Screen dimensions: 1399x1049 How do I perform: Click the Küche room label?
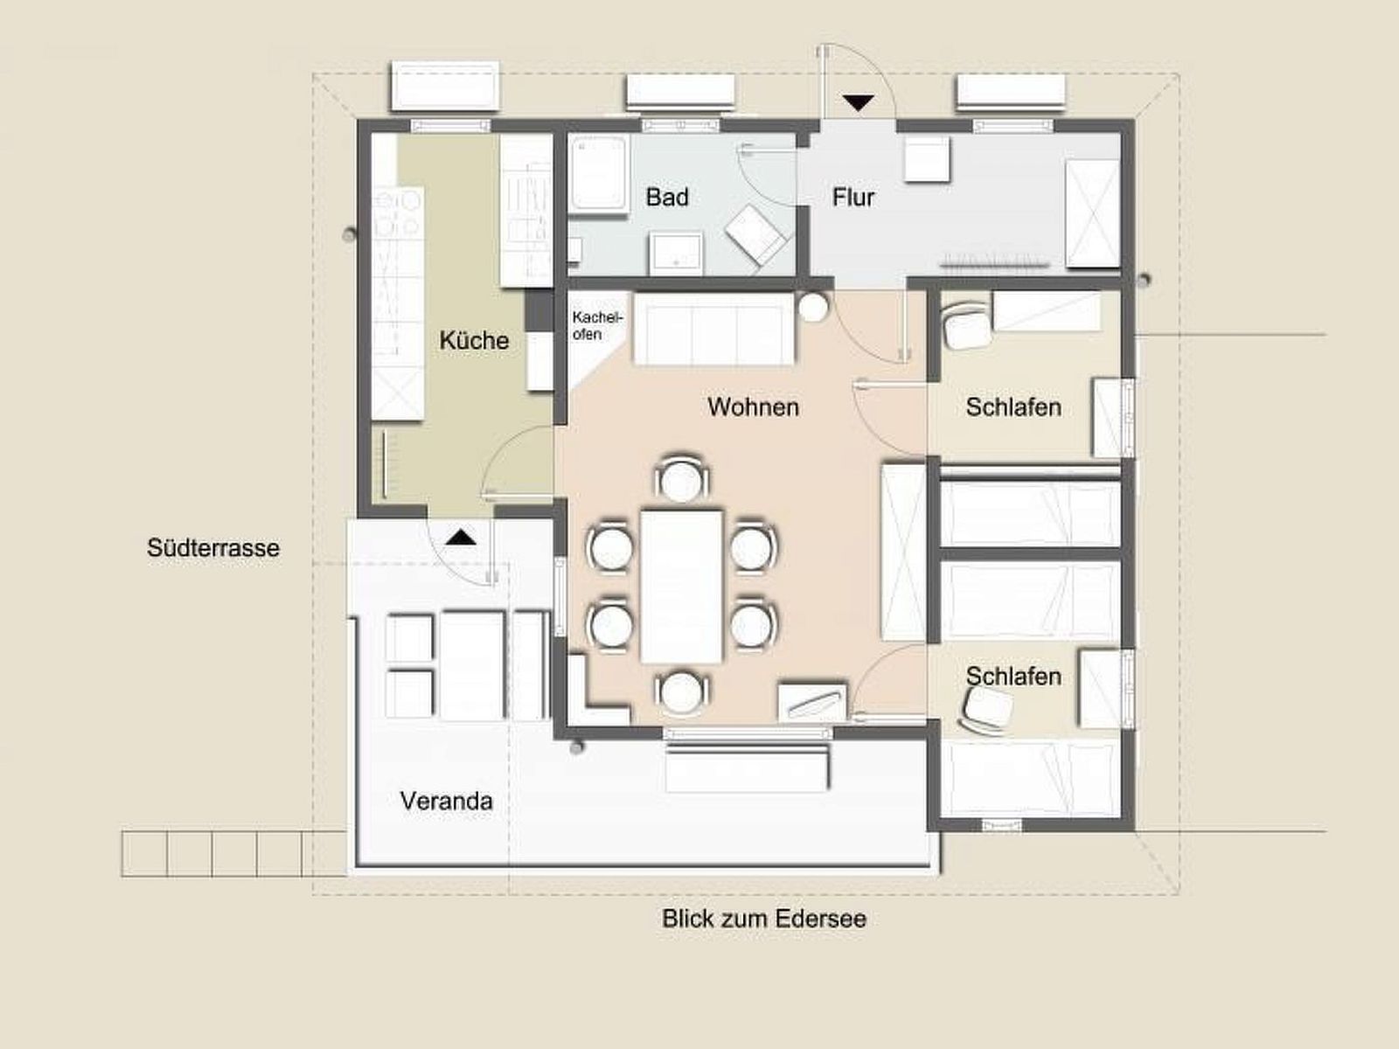coord(474,341)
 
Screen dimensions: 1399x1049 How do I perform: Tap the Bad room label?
coord(667,197)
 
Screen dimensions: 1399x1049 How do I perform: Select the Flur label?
coord(853,198)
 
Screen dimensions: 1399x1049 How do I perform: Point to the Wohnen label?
coord(754,407)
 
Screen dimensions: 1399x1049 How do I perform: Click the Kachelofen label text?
coord(596,325)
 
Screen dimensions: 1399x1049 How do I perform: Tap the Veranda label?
coord(446,802)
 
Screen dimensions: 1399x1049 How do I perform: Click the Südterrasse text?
coord(212,548)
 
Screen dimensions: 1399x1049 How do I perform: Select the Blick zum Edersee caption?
coord(764,919)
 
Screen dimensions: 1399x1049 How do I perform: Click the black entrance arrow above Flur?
coord(859,102)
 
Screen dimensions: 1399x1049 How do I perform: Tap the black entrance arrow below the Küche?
coord(461,538)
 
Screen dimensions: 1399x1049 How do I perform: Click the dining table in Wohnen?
coord(681,586)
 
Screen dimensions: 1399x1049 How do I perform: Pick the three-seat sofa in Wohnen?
coord(713,328)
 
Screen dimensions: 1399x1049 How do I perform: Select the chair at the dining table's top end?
coord(681,477)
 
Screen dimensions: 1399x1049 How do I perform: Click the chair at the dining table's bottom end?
coord(681,692)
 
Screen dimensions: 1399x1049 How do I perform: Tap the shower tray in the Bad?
coord(598,175)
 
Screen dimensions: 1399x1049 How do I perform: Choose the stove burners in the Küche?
coord(398,213)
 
